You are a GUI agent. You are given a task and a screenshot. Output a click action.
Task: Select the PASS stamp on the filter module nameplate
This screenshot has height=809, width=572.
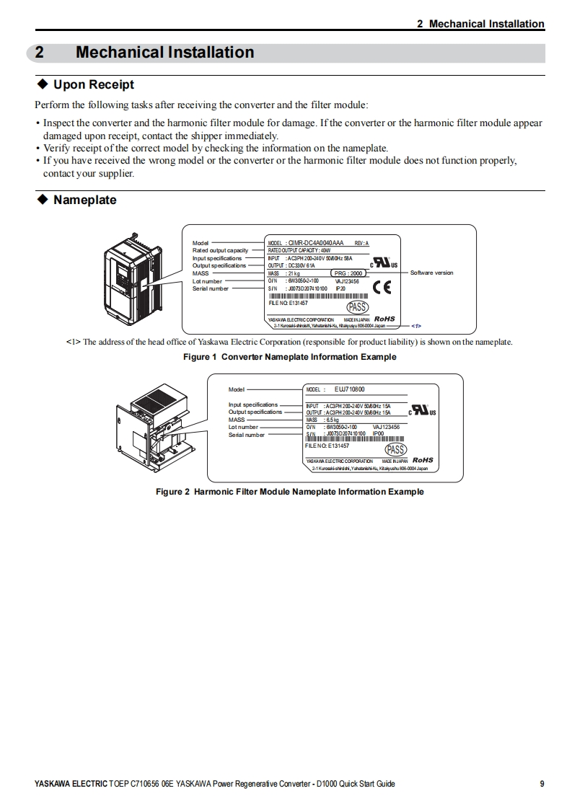396,450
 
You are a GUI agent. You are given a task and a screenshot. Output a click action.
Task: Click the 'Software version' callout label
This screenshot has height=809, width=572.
431,273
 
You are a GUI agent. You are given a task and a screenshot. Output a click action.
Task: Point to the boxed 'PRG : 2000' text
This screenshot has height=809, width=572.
348,273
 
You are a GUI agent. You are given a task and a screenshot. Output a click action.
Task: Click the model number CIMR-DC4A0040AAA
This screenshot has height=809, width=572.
316,243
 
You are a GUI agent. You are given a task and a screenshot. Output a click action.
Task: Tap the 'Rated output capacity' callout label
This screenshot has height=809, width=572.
220,250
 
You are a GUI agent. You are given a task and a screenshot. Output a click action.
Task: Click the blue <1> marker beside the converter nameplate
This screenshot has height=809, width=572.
416,325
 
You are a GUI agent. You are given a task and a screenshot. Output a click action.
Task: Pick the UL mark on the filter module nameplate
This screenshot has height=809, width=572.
422,410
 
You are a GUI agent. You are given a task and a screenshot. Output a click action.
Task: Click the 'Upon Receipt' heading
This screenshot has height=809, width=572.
94,84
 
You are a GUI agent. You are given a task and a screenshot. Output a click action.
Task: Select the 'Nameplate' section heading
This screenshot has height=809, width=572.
84,200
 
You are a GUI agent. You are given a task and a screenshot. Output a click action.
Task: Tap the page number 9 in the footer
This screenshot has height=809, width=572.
542,784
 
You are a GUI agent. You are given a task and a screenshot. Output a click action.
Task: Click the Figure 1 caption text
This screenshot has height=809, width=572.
289,357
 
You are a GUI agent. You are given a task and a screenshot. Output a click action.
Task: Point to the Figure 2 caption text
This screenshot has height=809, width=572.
290,492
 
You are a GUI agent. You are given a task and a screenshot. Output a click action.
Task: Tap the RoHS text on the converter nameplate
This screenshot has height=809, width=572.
384,319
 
